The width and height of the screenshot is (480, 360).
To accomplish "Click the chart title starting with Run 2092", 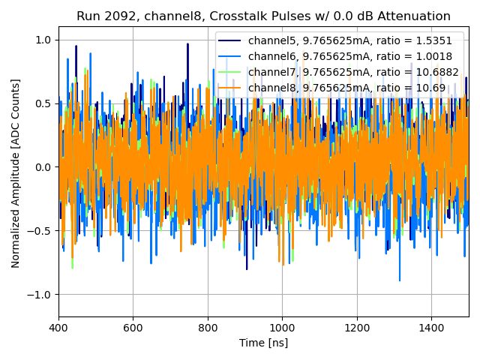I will [x=263, y=16].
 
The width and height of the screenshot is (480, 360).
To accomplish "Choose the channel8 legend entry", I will [x=346, y=88].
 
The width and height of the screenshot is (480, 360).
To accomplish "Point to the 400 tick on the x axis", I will [x=58, y=328].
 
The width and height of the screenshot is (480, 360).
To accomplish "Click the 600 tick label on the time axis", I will [x=133, y=328].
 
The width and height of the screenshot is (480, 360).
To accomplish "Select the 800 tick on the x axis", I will [x=208, y=328].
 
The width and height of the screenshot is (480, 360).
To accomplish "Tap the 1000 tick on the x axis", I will [x=282, y=328].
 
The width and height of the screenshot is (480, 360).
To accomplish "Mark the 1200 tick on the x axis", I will [x=356, y=328].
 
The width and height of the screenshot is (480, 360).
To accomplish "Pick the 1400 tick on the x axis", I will [x=431, y=328].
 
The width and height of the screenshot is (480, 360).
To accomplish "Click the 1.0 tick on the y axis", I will [x=43, y=40].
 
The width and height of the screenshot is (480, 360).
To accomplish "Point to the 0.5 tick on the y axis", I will [x=43, y=103].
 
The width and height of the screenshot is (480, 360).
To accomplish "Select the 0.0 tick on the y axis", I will [x=43, y=167].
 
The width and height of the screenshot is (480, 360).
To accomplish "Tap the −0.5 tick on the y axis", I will [x=40, y=231].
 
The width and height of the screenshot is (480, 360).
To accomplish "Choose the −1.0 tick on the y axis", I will [x=40, y=295].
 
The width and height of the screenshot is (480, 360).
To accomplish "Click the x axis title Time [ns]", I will [x=263, y=343].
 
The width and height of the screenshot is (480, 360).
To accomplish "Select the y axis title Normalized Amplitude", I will [x=16, y=173].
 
